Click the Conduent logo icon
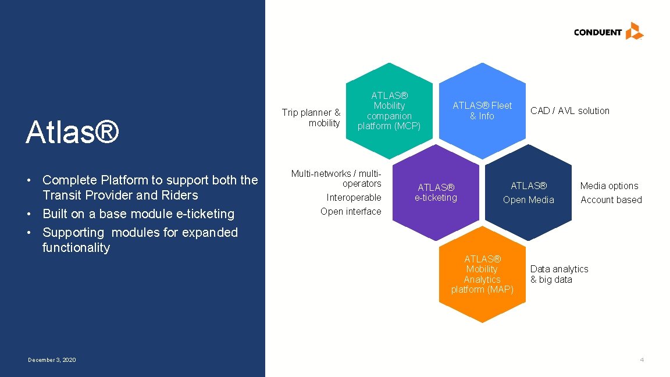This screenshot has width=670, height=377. [634, 31]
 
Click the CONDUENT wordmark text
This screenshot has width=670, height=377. [597, 33]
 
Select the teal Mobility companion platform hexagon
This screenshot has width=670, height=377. [389, 111]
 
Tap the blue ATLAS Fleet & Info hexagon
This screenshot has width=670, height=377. [482, 111]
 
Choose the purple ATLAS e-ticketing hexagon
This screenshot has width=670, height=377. [436, 193]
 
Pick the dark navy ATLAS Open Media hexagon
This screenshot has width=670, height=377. [528, 193]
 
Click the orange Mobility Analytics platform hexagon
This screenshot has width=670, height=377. [482, 274]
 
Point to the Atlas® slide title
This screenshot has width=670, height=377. [73, 132]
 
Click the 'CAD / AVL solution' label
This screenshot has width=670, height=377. [569, 111]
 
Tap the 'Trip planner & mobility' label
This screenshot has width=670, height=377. [312, 118]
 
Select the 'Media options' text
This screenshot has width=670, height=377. [609, 186]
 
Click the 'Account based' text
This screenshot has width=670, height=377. [611, 200]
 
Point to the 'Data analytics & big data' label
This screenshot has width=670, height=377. [559, 274]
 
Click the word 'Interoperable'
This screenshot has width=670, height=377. [354, 198]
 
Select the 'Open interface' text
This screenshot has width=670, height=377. [351, 212]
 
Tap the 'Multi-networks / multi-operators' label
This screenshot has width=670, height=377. [337, 179]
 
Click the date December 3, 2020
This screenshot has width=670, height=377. [52, 360]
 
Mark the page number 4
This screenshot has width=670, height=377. [642, 360]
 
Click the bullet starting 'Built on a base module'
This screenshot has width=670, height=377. [138, 214]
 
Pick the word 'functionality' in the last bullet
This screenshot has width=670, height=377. [76, 248]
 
